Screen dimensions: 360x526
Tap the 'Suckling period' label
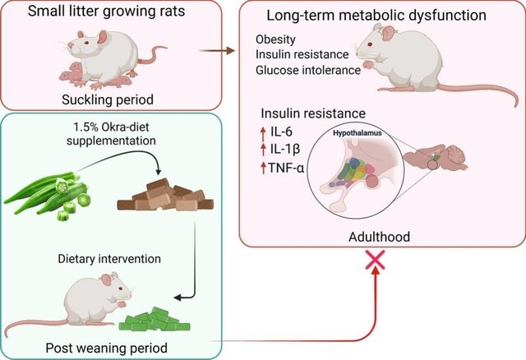click(93, 100)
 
